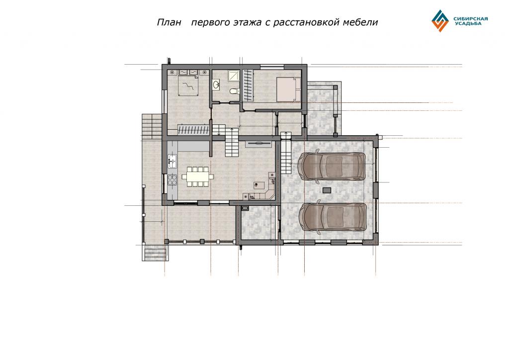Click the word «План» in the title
pyautogui.click(x=169, y=22)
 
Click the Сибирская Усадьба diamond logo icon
pyautogui.click(x=440, y=21)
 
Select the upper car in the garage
pyautogui.click(x=332, y=166)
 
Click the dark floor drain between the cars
pyautogui.click(x=327, y=189)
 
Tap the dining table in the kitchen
pyautogui.click(x=198, y=177)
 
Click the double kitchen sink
pyautogui.click(x=172, y=160)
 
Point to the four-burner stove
pyautogui.click(x=172, y=180)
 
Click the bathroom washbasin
pyautogui.click(x=217, y=85)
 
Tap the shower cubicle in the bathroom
pyautogui.click(x=234, y=76)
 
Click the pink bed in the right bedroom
pyautogui.click(x=289, y=90)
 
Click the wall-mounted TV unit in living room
pyautogui.click(x=258, y=144)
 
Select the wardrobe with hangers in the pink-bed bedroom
pyautogui.click(x=248, y=85)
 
